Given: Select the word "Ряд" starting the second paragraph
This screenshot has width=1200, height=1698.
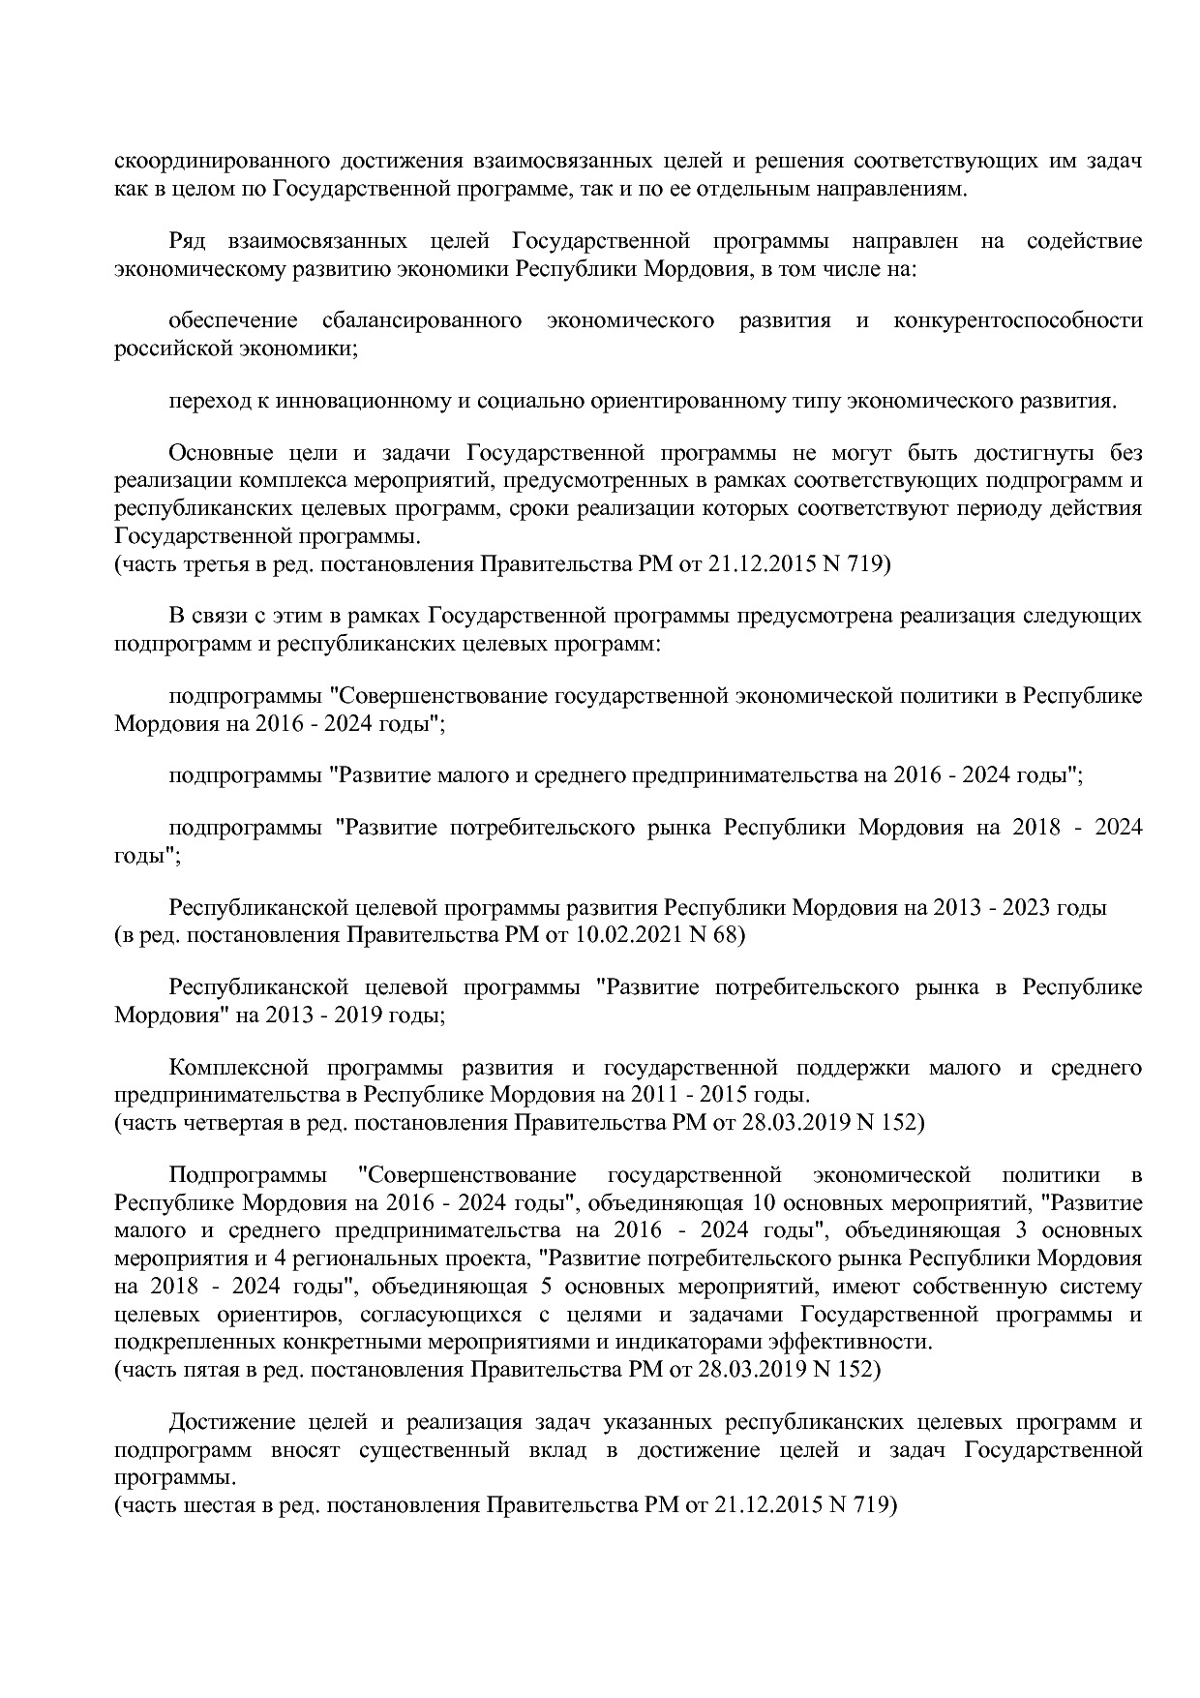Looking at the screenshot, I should point(187,241).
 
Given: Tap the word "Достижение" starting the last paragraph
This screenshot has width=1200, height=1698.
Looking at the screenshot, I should point(231,1422).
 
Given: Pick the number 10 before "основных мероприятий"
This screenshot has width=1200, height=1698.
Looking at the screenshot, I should point(762,1204).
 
